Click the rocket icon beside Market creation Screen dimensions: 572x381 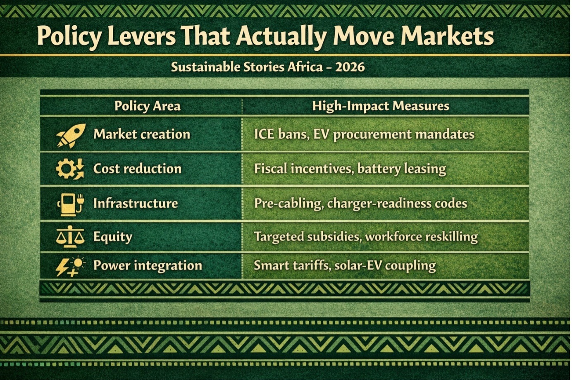(x=71, y=136)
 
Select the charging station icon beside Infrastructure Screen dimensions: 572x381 (x=71, y=204)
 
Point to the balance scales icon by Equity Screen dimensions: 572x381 (x=70, y=237)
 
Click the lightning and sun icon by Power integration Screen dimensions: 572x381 (x=71, y=267)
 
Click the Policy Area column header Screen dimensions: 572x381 (x=148, y=106)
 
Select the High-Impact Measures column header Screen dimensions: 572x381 (x=381, y=106)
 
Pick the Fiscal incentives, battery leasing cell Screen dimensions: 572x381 (x=350, y=169)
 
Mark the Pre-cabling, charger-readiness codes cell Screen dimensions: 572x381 (x=360, y=204)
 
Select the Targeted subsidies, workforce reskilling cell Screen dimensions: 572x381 (x=366, y=237)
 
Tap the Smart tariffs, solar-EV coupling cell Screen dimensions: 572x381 (x=345, y=266)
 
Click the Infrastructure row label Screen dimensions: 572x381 (x=136, y=204)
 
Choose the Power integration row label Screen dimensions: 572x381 (x=148, y=266)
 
